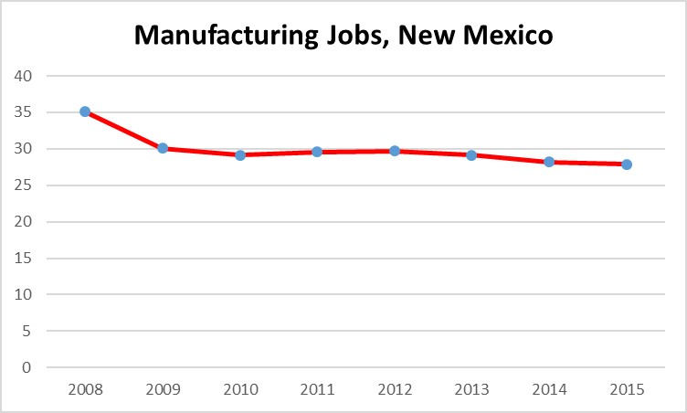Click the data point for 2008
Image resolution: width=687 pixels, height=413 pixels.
pos(85,111)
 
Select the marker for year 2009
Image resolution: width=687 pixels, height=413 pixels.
pos(163,147)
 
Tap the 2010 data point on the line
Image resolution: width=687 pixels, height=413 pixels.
pos(240,154)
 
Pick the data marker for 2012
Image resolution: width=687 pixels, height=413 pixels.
pos(395,151)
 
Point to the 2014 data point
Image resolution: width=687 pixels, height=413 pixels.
pos(549,162)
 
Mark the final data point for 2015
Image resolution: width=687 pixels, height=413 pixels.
pos(627,164)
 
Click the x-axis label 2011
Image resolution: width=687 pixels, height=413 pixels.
pos(317,389)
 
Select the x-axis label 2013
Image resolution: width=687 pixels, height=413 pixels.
pos(471,389)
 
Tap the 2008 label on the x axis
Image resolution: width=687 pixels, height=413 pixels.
pos(85,389)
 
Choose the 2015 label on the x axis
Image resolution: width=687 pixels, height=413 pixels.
pos(627,389)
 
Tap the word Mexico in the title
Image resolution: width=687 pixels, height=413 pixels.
pos(508,37)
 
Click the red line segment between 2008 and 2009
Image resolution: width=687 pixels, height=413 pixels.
pos(123,130)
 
